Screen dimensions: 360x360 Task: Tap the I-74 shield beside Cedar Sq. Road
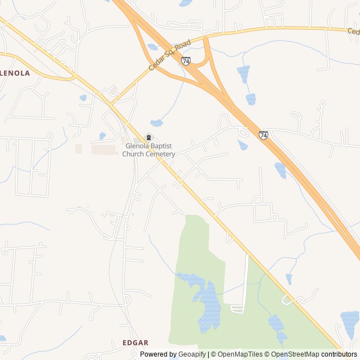186,60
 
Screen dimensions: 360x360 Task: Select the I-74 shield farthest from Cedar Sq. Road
263,134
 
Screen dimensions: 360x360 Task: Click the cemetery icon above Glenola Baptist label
148,137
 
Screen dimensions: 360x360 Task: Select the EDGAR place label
136,342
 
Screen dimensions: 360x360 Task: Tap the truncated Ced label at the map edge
353,31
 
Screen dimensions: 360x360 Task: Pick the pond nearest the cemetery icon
157,123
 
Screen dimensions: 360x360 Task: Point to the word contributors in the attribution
339,354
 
